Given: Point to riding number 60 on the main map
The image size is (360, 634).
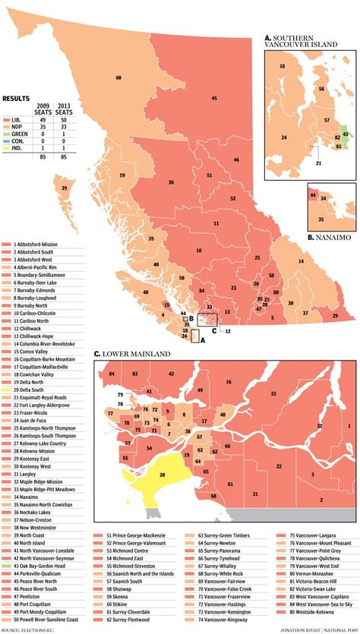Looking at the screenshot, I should click(x=118, y=78).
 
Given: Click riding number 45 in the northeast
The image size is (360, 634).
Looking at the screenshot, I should click(x=214, y=99).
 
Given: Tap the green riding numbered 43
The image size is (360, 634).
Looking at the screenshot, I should click(x=346, y=134).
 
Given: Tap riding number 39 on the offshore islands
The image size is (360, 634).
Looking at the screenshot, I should click(x=65, y=188).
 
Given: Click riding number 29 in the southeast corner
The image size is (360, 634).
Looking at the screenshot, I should click(x=335, y=314).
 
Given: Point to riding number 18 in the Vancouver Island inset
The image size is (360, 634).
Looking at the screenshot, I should click(x=282, y=68).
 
